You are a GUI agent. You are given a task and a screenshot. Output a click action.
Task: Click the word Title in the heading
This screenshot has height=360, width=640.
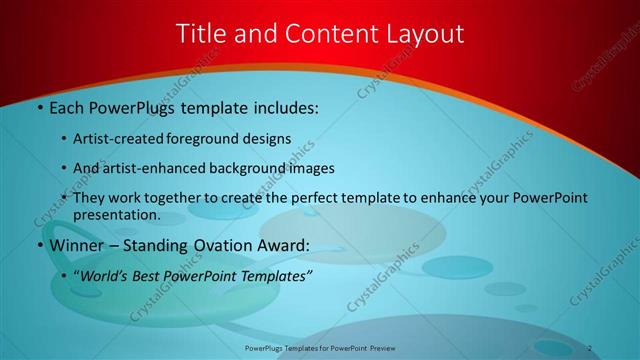tap(201, 33)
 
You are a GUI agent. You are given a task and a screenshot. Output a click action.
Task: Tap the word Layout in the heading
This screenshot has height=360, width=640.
tap(422, 33)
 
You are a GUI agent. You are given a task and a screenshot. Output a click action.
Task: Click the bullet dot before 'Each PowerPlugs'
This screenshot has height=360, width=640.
tap(39, 107)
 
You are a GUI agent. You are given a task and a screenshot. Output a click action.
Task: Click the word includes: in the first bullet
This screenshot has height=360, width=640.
tap(283, 107)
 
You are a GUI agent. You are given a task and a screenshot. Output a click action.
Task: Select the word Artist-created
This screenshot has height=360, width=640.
tap(116, 139)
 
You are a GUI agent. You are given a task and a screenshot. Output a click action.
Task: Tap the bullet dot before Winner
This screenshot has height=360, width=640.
tap(39, 246)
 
